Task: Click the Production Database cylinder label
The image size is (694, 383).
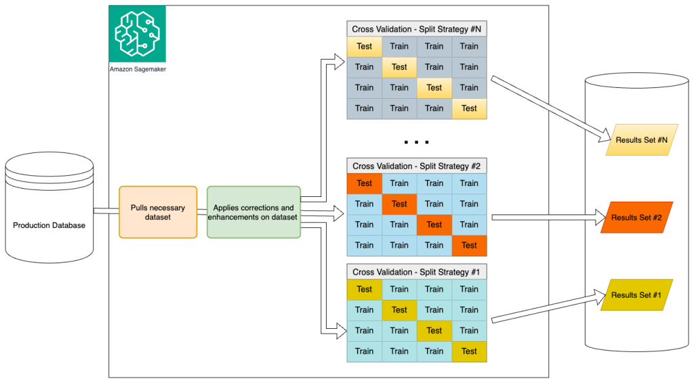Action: [49, 225]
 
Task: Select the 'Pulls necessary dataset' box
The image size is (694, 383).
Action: [158, 212]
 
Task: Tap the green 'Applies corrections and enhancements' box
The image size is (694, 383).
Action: [253, 212]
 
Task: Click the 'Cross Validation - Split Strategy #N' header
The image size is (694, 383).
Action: [417, 29]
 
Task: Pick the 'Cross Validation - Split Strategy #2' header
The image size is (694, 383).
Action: [417, 166]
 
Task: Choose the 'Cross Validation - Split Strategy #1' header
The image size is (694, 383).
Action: [417, 272]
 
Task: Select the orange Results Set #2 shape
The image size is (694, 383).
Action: [636, 217]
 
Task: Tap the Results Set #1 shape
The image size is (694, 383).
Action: [636, 295]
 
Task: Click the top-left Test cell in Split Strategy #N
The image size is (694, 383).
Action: [365, 47]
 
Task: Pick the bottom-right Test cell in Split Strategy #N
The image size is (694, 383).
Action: [469, 108]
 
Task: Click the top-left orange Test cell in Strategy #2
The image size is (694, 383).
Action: [365, 183]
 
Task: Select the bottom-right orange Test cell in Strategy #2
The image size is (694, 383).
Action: [469, 245]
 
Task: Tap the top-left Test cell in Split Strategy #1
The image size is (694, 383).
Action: [365, 290]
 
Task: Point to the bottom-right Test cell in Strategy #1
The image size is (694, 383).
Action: [469, 351]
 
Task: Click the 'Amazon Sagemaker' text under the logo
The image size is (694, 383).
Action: [138, 70]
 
